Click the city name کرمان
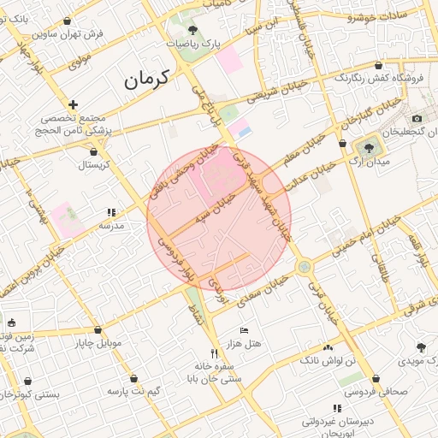pyautogui.click(x=147, y=79)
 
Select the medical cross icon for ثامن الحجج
pyautogui.click(x=74, y=104)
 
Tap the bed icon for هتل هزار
pyautogui.click(x=244, y=330)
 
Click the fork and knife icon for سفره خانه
pyautogui.click(x=214, y=352)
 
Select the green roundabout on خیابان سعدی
pyautogui.click(x=304, y=267)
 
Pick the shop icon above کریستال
pyautogui.click(x=93, y=152)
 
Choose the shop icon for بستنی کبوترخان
pyautogui.click(x=28, y=382)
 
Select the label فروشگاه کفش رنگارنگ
pyautogui.click(x=382, y=80)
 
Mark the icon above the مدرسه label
pyautogui.click(x=111, y=212)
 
